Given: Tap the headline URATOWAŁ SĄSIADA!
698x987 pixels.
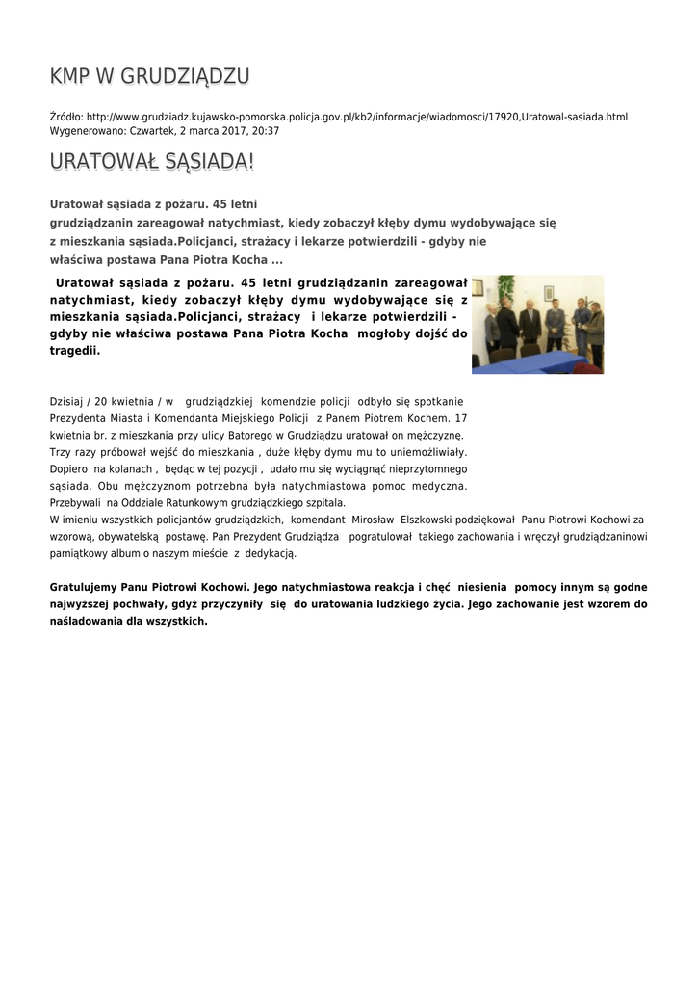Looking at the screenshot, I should (152, 162).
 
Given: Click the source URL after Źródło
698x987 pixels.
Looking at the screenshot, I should (356, 117).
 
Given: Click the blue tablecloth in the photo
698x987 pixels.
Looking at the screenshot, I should (539, 364).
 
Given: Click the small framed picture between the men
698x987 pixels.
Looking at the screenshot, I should (548, 292).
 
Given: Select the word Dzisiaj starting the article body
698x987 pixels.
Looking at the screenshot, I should (66, 400).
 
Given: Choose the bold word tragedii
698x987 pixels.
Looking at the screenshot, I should (74, 351).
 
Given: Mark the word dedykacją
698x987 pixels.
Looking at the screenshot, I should (272, 554).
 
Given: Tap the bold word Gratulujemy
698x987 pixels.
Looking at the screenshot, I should (87, 587).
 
